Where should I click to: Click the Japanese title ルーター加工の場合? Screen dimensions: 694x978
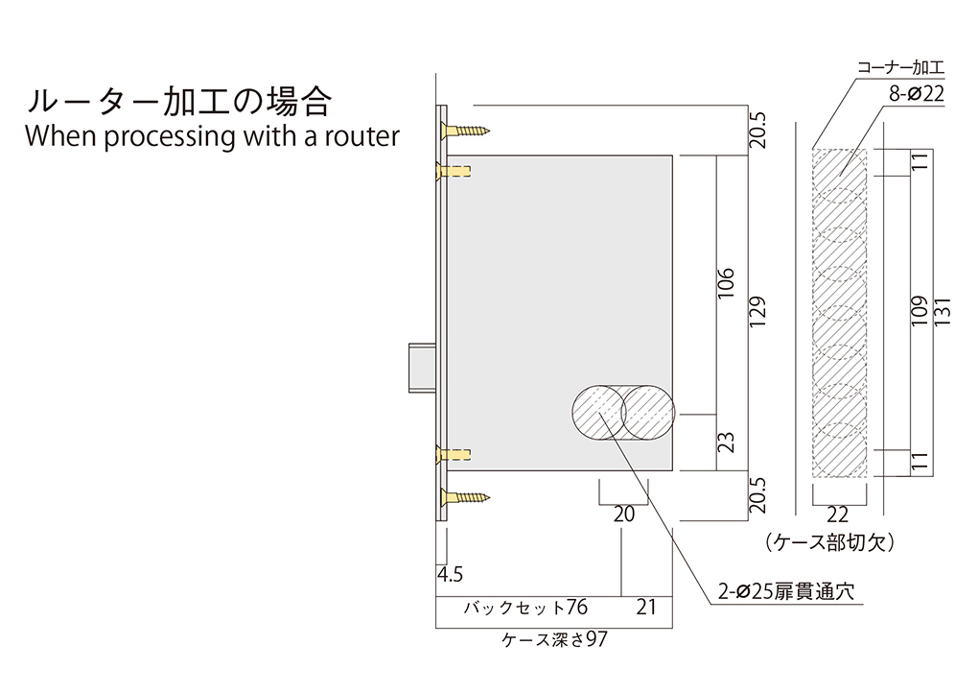[179, 101]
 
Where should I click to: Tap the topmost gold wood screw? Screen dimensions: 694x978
[466, 129]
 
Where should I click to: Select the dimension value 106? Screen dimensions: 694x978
[726, 287]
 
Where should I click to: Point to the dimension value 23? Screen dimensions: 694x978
[726, 443]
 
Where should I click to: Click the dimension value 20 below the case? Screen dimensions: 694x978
[623, 515]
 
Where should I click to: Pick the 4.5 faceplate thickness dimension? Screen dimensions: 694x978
[450, 575]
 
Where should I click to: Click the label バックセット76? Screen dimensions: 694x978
[524, 608]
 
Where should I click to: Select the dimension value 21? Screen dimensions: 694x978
[647, 608]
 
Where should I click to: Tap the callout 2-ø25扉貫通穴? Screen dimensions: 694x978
[784, 592]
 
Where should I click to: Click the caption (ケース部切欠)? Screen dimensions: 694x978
[831, 543]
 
